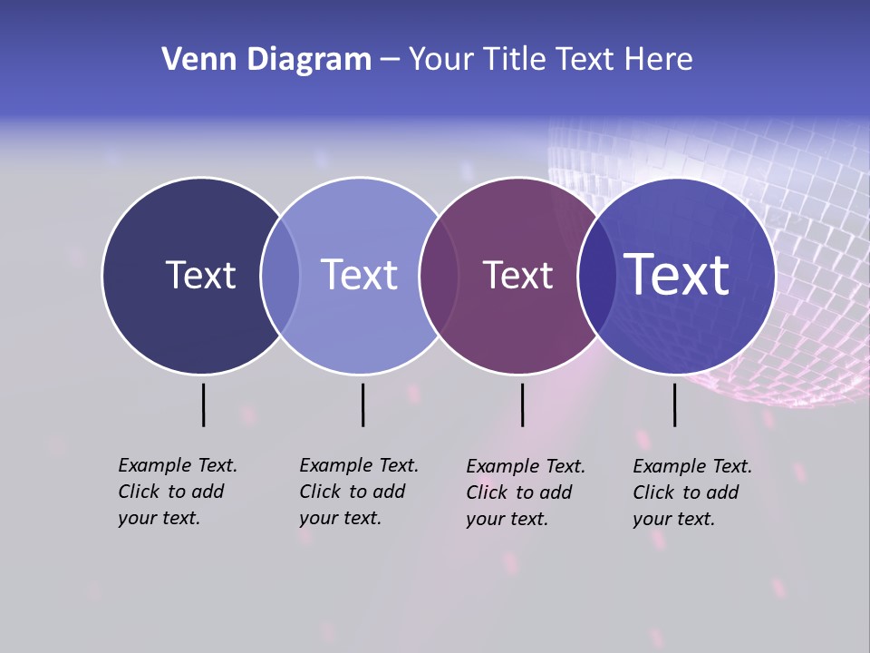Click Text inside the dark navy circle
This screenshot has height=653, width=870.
(200, 275)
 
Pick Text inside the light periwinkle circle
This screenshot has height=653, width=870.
(359, 275)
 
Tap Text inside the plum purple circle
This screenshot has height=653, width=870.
(517, 275)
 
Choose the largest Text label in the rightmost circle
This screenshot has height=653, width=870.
(677, 274)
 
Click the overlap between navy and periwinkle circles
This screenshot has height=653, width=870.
(280, 276)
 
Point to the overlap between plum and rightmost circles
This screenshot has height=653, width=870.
(597, 276)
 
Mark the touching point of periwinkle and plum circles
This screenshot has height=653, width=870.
(439, 276)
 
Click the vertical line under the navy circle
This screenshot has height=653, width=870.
(204, 404)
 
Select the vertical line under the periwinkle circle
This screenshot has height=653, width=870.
(362, 404)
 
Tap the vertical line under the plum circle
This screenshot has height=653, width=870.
(522, 404)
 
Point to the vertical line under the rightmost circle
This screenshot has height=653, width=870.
(674, 404)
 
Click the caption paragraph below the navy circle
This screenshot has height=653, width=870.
(177, 492)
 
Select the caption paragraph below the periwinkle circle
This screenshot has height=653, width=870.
(358, 492)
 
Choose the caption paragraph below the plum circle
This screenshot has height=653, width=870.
(525, 492)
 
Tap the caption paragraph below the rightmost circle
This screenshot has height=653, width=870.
(691, 492)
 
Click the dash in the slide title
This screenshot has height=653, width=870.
(390, 60)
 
